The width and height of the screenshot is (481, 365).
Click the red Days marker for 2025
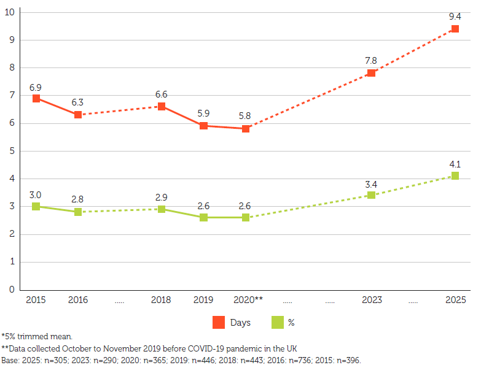(x=455, y=29)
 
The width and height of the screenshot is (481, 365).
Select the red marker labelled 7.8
(x=371, y=73)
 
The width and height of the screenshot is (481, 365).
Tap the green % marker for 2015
(x=36, y=206)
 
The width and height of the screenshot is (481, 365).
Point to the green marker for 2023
(x=371, y=195)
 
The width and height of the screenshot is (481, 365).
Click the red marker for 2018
(x=162, y=106)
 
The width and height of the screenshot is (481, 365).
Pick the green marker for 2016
(x=78, y=212)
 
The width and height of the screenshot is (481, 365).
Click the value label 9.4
(x=455, y=16)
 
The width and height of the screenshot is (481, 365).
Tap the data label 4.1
(x=455, y=164)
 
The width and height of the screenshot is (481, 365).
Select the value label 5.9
(x=203, y=113)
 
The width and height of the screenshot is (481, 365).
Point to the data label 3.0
(x=36, y=194)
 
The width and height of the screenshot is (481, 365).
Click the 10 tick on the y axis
(x=10, y=12)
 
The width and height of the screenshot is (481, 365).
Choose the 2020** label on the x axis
(x=248, y=300)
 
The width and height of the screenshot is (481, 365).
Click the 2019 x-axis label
(x=203, y=300)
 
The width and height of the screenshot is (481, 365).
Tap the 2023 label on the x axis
(x=371, y=300)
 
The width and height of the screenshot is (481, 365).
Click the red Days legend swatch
(x=219, y=322)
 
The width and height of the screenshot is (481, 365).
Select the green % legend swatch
(x=276, y=322)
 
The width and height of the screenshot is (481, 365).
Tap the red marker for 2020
(x=245, y=128)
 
